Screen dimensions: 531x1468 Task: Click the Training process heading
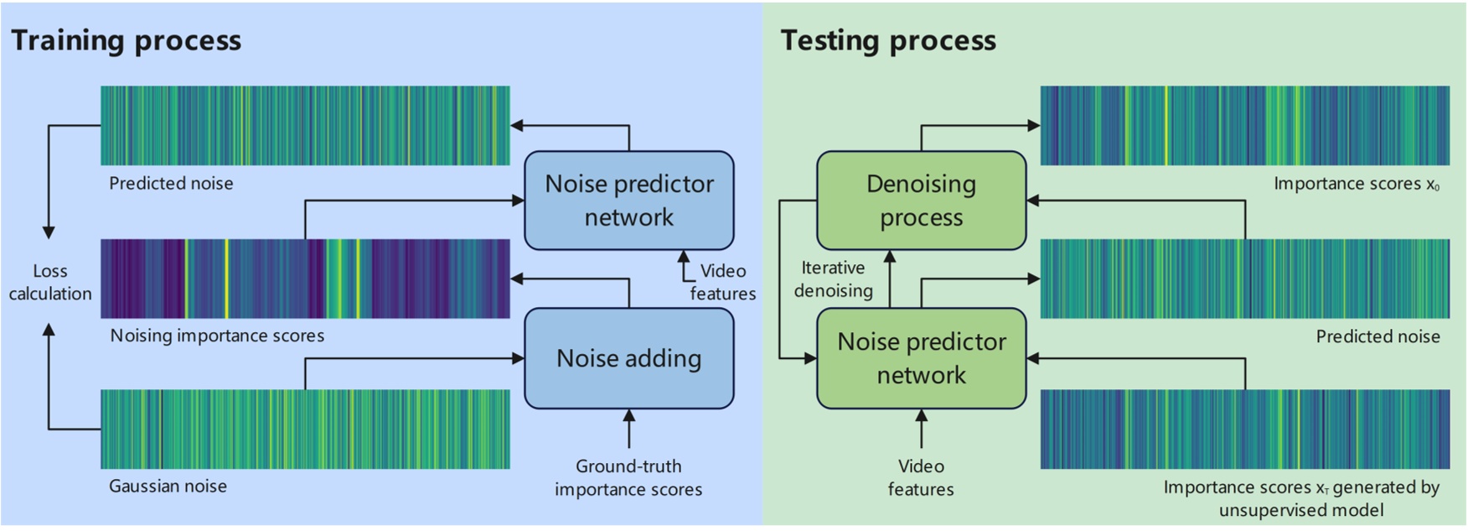(x=126, y=40)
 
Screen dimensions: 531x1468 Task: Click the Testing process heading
(x=888, y=40)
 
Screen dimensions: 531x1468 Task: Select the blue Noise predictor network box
(x=629, y=200)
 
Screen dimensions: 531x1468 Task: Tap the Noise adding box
(x=629, y=358)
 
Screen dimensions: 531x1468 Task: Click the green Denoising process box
(x=921, y=200)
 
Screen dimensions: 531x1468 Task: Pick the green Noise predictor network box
(x=921, y=358)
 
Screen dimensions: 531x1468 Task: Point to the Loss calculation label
(x=50, y=283)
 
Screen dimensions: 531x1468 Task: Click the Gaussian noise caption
(x=168, y=487)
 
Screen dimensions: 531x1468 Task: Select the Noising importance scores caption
(x=217, y=336)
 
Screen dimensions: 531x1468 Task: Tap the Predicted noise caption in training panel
(x=171, y=184)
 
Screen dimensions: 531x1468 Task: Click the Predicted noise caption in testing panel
(x=1378, y=336)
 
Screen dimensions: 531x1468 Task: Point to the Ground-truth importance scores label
(x=628, y=478)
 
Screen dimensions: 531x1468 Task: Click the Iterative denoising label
(x=833, y=279)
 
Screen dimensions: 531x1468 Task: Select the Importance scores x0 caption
(x=1356, y=184)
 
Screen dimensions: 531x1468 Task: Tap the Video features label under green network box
(x=921, y=478)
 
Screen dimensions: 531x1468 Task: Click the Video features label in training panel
(x=722, y=282)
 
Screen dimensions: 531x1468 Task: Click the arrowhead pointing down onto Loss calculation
(x=49, y=232)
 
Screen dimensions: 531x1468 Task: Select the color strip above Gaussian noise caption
(x=305, y=429)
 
